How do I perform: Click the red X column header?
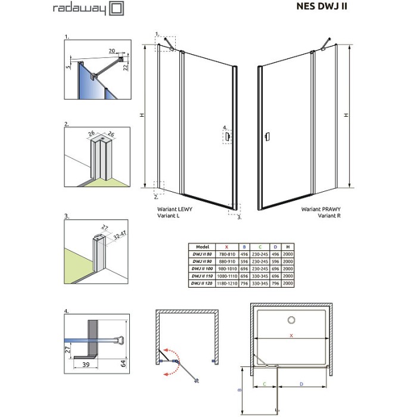tap(226, 245)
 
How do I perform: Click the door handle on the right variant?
tap(269, 136)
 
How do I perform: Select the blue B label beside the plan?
tap(239, 391)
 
